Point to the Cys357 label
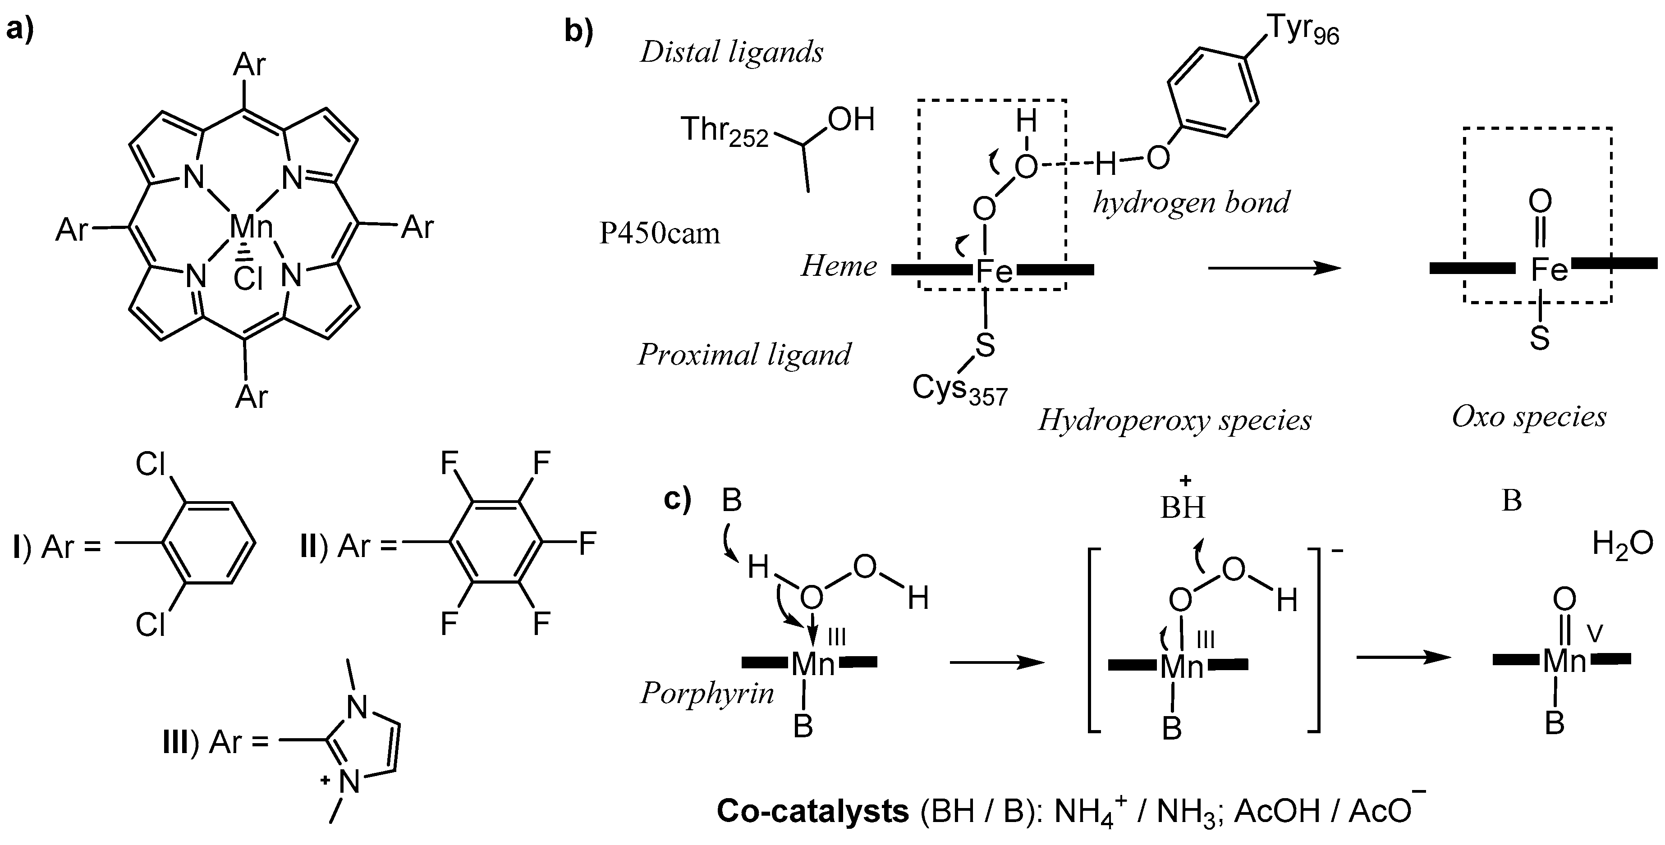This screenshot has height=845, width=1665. coord(959,390)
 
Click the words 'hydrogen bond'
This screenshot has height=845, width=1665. coord(1191,202)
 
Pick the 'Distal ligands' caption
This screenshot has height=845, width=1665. coord(732,52)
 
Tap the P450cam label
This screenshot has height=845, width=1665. coord(659,233)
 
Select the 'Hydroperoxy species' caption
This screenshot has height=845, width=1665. coord(1174,420)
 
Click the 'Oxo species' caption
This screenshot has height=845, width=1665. coord(1529,417)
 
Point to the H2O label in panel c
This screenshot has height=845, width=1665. coord(1622,544)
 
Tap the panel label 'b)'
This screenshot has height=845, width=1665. coord(578,31)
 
